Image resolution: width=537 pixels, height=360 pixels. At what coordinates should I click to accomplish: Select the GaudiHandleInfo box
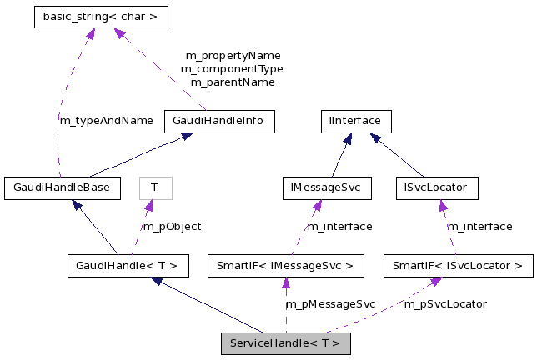tap(218, 121)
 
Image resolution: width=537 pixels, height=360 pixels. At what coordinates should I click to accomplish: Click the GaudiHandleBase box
tap(62, 187)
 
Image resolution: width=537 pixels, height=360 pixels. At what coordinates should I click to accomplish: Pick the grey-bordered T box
tap(154, 187)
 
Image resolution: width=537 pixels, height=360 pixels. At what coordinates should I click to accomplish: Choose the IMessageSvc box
tap(326, 187)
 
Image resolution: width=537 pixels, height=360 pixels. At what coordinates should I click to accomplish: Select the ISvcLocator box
tap(437, 187)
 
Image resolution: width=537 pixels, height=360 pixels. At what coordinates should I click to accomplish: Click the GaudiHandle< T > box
tap(128, 267)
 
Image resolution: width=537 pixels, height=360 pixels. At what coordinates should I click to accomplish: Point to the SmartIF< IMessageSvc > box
tap(286, 267)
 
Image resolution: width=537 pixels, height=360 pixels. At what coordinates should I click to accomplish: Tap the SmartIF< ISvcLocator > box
tap(458, 267)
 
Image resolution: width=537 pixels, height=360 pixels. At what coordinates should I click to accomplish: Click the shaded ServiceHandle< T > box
tap(285, 342)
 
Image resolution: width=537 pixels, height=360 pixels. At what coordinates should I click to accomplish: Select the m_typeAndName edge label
tap(106, 120)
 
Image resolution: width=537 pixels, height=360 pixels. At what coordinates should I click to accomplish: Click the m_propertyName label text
tap(233, 56)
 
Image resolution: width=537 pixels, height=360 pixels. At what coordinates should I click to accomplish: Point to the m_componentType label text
tap(233, 69)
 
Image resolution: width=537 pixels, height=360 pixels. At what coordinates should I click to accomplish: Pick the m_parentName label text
tap(233, 82)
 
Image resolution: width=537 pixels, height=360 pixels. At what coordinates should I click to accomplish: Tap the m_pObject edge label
tap(172, 226)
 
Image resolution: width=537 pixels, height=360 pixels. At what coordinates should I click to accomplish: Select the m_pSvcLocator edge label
tap(446, 304)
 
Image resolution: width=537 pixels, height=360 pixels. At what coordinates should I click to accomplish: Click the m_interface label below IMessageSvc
tap(340, 226)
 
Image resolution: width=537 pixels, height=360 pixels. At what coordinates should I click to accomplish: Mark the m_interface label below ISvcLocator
tap(480, 226)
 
